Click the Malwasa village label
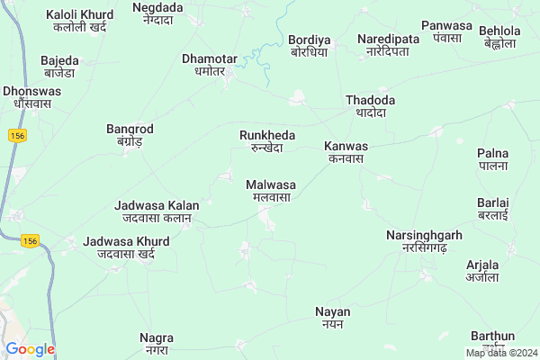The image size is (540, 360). tap(270, 190)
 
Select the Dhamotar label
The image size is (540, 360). tap(210, 65)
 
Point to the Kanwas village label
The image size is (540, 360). tap(346, 151)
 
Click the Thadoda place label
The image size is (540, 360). tap(371, 106)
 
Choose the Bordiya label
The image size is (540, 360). tap(309, 45)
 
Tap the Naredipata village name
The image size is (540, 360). tap(388, 45)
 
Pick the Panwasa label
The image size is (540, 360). tap(445, 32)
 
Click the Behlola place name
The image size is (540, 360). tap(499, 36)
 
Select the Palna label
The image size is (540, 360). tap(492, 159)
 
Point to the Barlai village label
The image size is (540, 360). tap(492, 209)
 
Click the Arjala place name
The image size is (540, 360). tap(482, 271)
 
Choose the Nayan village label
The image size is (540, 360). tap(332, 317)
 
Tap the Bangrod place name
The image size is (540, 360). tap(130, 135)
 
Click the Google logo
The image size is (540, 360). tap(30, 349)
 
